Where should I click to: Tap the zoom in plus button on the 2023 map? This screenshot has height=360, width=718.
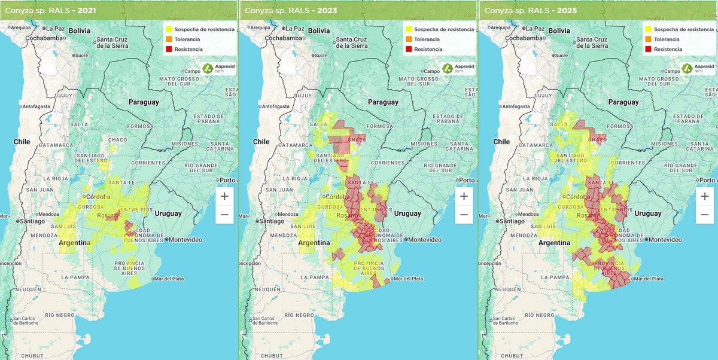tap(464, 196)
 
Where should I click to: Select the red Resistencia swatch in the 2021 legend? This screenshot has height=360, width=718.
tap(169, 49)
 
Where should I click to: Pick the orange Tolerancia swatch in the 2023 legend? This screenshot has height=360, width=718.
tap(409, 39)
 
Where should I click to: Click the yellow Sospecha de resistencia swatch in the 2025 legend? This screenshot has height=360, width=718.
tap(648, 29)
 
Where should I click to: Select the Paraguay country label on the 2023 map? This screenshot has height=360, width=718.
tap(383, 102)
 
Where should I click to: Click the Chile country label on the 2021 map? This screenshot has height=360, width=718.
tap(22, 142)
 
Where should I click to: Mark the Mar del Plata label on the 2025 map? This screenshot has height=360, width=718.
tap(648, 279)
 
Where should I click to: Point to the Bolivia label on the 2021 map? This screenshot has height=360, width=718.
tap(80, 30)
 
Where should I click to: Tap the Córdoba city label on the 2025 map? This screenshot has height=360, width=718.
tap(577, 197)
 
